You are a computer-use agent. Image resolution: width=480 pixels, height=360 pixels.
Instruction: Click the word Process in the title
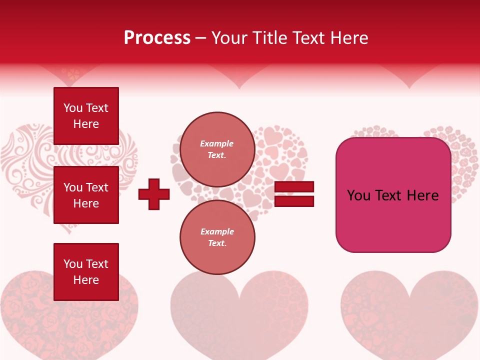coord(157,38)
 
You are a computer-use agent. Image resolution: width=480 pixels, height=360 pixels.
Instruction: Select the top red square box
coord(86,116)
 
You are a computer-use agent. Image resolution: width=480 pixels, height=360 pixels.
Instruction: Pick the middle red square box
coord(86,195)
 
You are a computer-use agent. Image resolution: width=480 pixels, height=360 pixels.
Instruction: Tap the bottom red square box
coord(86,272)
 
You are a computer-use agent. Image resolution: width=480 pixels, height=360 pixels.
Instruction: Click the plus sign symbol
coord(154,194)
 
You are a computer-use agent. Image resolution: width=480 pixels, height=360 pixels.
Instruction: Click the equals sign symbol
coord(294,194)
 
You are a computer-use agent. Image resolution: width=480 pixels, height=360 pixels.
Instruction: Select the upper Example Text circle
coord(217,149)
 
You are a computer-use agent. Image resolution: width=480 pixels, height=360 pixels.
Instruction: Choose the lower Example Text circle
coord(217,237)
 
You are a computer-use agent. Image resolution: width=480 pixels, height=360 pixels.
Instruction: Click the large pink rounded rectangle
coord(393,195)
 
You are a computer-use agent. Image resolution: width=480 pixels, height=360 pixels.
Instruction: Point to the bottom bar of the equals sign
coord(294,201)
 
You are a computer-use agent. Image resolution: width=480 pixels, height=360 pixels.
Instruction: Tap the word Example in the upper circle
coord(217,143)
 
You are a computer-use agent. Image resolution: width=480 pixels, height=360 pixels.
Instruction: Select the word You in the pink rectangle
coord(358,195)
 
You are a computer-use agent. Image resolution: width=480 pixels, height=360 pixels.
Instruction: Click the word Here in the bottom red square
coord(86,280)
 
